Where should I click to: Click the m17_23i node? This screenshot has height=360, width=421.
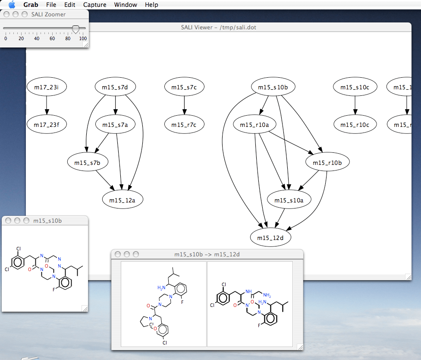(x=46, y=87)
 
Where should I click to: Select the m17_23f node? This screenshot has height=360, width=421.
(x=46, y=125)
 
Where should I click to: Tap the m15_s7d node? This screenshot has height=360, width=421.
(x=115, y=87)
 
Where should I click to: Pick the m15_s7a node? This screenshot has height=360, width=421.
(x=115, y=125)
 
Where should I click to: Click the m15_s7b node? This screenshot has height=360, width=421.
(x=88, y=162)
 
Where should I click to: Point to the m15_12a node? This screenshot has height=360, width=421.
(x=123, y=200)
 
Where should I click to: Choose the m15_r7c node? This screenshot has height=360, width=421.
(x=184, y=125)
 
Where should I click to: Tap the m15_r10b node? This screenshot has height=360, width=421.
(x=327, y=162)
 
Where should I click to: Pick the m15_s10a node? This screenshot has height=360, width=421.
(x=289, y=200)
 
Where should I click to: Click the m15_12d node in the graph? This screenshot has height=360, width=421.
(x=271, y=237)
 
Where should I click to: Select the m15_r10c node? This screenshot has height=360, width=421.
(x=355, y=125)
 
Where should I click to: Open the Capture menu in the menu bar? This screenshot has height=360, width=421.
(x=95, y=5)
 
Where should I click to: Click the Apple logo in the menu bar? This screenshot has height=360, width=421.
(x=12, y=5)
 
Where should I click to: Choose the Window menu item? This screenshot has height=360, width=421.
(x=126, y=5)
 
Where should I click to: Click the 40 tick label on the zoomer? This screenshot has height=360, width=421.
(x=37, y=38)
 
